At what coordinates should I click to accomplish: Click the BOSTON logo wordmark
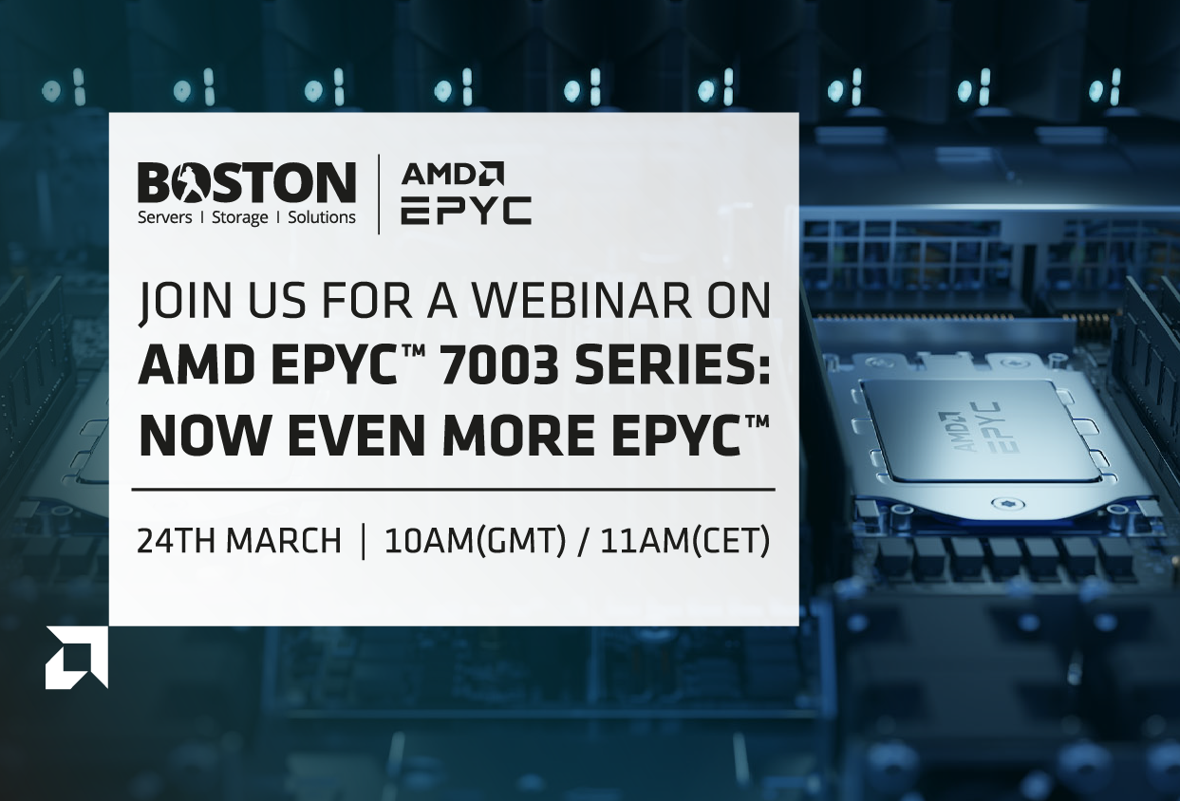247,182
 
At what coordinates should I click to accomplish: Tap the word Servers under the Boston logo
164,217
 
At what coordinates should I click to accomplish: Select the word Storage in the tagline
239,218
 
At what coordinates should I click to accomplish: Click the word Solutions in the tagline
321,217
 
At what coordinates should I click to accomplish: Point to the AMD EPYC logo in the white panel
466,193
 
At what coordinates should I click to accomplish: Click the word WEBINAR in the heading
581,301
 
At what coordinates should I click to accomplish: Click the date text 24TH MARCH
239,541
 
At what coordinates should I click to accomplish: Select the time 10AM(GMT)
476,541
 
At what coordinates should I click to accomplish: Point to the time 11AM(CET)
684,541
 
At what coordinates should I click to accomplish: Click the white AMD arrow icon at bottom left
76,658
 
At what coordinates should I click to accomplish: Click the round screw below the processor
1003,503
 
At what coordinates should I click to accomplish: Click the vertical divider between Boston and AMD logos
379,194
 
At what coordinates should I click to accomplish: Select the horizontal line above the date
453,490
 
